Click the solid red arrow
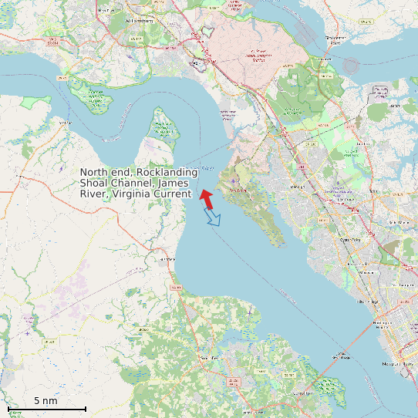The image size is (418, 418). coord(207,199)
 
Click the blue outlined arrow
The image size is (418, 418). coord(213,217)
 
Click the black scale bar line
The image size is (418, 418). coord(46,408)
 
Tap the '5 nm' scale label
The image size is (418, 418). coord(46,400)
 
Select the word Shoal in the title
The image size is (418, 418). coord(95,184)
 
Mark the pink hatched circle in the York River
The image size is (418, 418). coord(351,66)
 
